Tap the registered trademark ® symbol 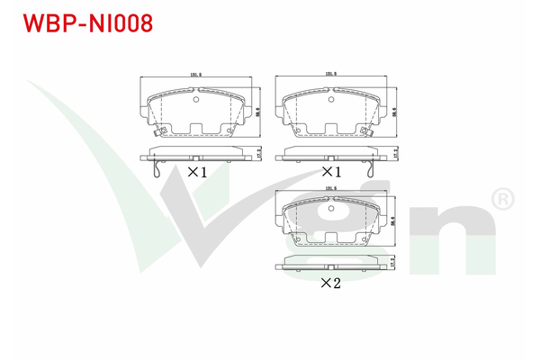[x=500, y=196]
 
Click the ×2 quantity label [x=330, y=283]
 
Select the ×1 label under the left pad [x=197, y=171]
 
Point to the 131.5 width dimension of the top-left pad [x=194, y=75]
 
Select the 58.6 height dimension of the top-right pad [x=396, y=112]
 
